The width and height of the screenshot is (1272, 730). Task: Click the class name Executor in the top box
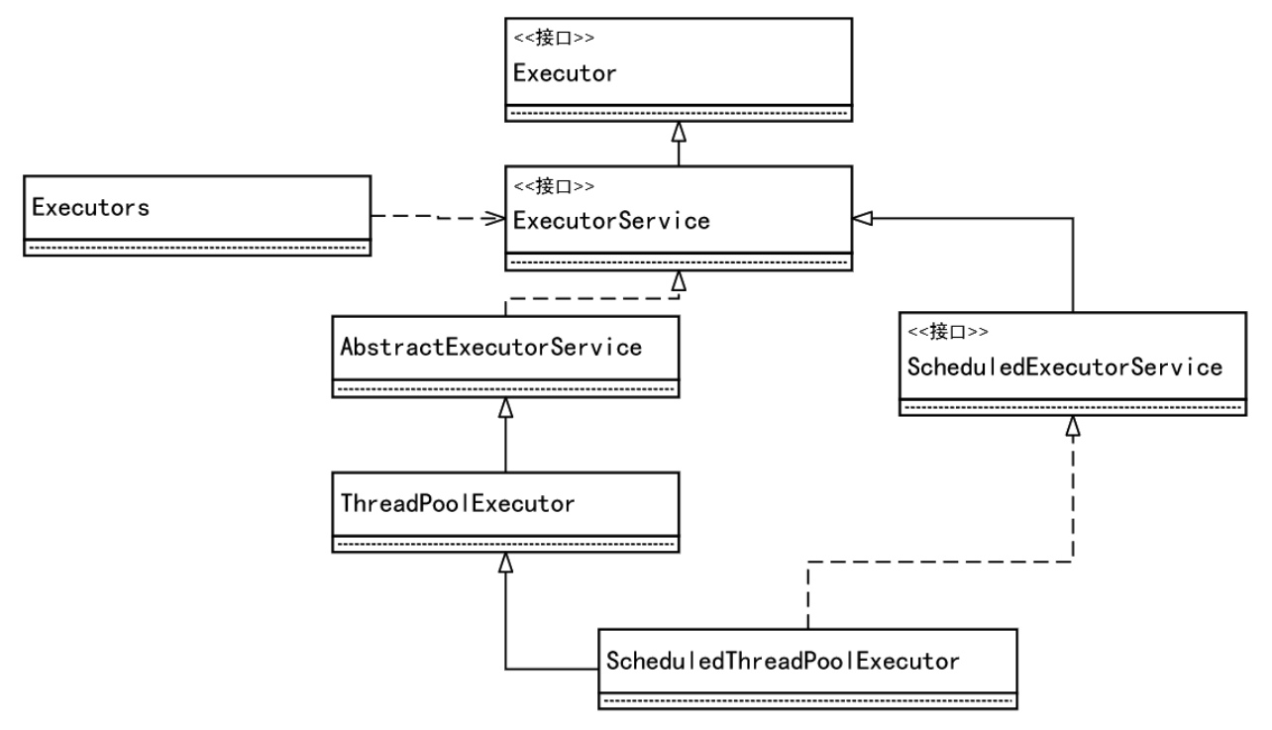565,74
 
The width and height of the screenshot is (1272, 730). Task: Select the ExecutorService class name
611,222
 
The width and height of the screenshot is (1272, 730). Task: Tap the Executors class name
91,208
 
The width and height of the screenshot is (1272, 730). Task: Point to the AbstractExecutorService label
491,348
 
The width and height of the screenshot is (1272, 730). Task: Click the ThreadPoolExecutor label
458,503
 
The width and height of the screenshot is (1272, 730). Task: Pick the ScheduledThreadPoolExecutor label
783,662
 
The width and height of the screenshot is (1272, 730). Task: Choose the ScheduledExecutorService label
1065,367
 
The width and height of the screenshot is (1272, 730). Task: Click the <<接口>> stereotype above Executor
554,38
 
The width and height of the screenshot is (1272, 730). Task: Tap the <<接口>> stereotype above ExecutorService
554,186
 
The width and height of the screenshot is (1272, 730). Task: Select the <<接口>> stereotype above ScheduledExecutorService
948,332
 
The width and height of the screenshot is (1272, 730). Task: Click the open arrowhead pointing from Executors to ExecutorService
494,218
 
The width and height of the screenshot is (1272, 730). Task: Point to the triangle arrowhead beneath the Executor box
679,132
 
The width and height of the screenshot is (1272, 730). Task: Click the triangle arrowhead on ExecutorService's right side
863,218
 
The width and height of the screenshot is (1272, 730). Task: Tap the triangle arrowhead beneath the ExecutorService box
679,281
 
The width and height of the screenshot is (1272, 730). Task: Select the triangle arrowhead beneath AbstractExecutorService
505,407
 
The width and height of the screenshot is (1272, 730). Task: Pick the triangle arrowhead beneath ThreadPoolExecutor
505,563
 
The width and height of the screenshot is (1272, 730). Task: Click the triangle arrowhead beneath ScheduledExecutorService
1073,426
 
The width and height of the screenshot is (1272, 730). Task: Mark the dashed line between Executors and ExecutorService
438,217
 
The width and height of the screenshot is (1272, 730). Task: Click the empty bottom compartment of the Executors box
197,248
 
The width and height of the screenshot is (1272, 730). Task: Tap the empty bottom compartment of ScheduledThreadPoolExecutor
807,701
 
